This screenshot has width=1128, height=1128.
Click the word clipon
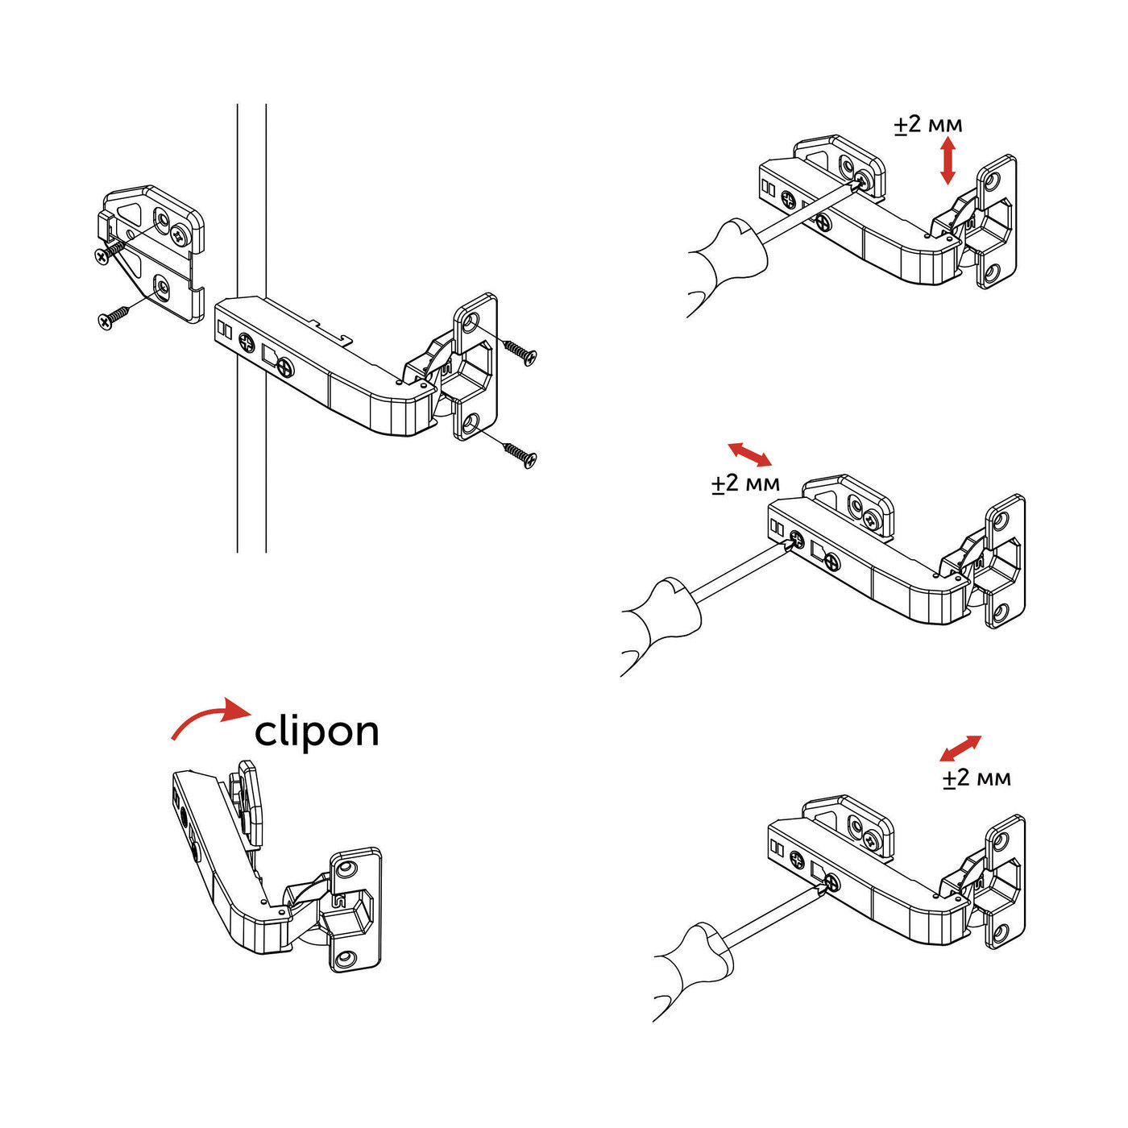point(317,732)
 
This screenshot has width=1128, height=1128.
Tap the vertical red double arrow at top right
point(948,160)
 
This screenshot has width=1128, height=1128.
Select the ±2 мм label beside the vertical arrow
point(927,125)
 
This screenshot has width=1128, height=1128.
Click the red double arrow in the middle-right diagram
point(749,454)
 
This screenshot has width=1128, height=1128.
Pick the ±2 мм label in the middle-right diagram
point(745,483)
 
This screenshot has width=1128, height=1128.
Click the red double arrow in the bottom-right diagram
point(960,749)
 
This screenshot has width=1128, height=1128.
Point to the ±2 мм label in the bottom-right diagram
point(977,778)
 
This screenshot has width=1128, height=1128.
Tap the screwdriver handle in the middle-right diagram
point(661,620)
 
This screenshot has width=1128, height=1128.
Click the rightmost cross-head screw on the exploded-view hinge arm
point(284,368)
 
